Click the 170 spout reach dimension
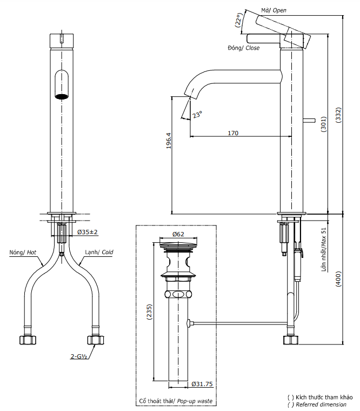coord(233,132)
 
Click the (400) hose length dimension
coord(338,279)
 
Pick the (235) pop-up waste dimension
coord(150,314)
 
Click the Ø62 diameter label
coord(178,234)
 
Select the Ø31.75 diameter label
coord(201,385)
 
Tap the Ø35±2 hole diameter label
coord(87,232)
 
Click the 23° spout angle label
coord(197,115)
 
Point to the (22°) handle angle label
coord(238,21)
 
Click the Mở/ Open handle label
coord(274,10)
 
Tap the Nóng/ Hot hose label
coord(23,253)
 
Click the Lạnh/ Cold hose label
coord(99,253)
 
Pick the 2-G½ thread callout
coord(79,356)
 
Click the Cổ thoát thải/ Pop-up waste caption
coord(176,401)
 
